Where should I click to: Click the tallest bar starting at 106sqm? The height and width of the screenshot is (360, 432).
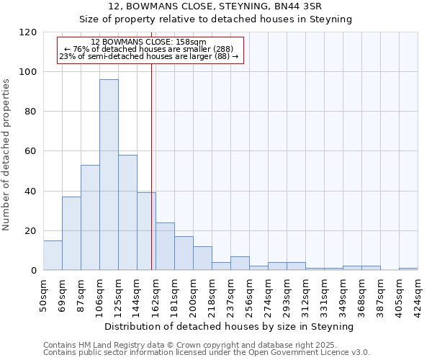(x=109, y=175)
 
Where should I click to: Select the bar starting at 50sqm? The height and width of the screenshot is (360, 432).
(x=53, y=256)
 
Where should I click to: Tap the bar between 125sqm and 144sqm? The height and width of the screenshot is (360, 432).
(x=127, y=212)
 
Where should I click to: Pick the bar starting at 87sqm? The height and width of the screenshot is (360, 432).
(x=90, y=217)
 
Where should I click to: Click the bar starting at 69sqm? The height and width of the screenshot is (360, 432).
(x=71, y=233)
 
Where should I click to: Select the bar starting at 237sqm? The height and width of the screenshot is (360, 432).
(x=240, y=264)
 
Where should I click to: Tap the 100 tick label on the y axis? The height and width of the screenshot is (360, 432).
(x=29, y=72)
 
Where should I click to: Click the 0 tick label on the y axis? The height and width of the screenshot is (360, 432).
(x=34, y=271)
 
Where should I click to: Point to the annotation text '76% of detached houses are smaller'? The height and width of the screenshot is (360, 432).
(x=148, y=49)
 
